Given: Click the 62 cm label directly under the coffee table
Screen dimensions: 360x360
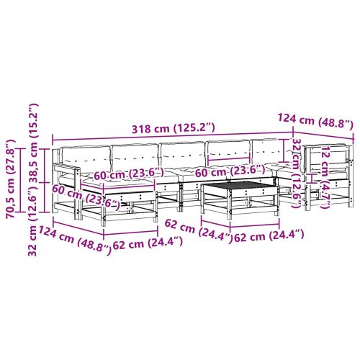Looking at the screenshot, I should pyautogui.click(x=267, y=235).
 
